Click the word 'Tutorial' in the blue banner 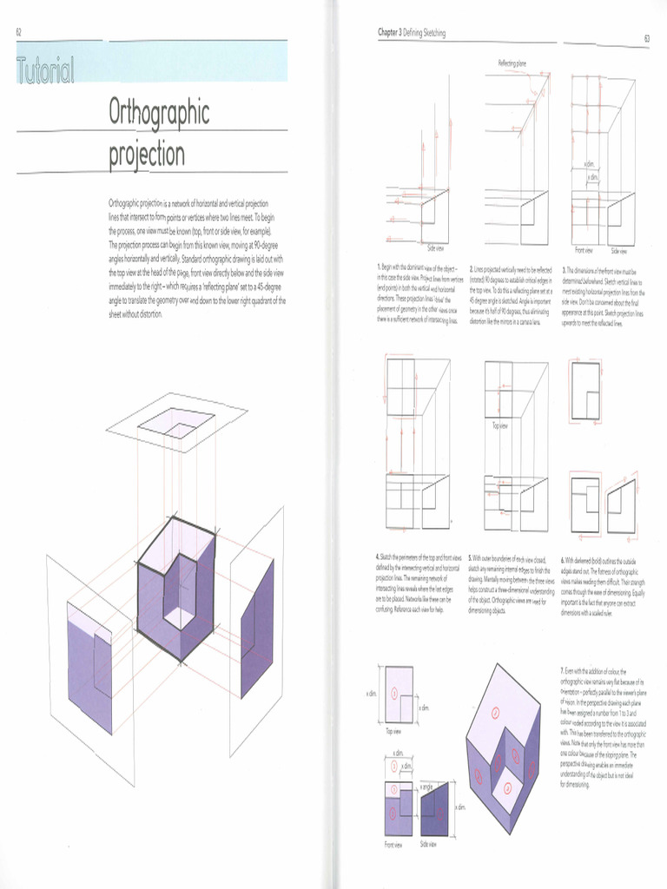point(45,70)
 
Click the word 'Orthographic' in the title point(159,112)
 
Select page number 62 point(18,32)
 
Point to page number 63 point(647,38)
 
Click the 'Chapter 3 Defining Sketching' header point(412,33)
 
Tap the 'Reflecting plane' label point(512,63)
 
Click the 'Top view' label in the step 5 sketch point(499,425)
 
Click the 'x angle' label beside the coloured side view point(427,786)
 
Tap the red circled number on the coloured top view point(394,693)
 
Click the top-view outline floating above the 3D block point(176,423)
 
